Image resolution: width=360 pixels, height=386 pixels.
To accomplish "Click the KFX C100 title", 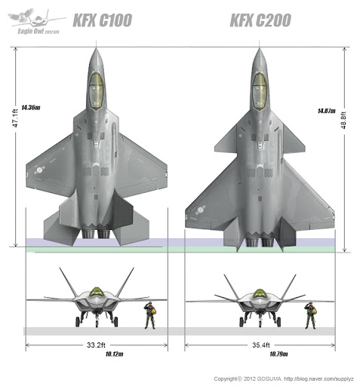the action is (x=103, y=20).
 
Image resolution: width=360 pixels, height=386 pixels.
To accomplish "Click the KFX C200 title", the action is (x=260, y=20).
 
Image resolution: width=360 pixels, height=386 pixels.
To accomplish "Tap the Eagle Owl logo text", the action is (x=38, y=31).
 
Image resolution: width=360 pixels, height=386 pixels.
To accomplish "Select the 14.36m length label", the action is (x=31, y=108).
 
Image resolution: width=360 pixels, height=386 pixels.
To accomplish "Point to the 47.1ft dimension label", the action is (x=15, y=118).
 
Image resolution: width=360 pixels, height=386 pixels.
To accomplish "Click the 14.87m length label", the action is (x=326, y=111).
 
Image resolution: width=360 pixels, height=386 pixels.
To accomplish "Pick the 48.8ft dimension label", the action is (x=343, y=120).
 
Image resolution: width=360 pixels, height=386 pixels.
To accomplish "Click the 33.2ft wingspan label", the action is (x=96, y=345).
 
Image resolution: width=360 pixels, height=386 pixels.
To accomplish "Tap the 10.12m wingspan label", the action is (x=114, y=354).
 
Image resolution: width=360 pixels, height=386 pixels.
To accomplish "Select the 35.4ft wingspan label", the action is (x=261, y=345).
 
